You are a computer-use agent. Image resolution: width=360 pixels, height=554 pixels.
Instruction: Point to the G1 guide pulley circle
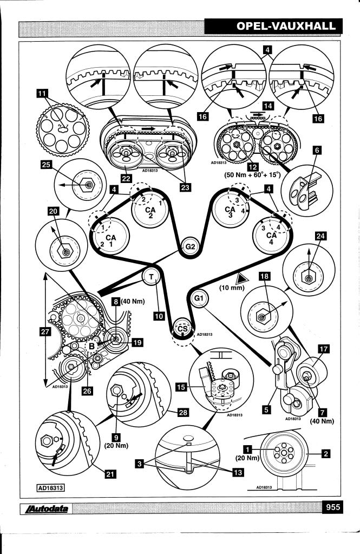point(199,298)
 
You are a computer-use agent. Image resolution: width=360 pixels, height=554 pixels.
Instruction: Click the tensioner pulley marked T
point(152,277)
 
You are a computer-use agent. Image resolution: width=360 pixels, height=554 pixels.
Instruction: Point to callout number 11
point(40,94)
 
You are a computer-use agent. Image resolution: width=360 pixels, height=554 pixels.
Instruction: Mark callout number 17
point(323,350)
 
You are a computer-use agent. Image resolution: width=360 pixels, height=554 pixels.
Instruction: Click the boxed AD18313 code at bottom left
point(51,487)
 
